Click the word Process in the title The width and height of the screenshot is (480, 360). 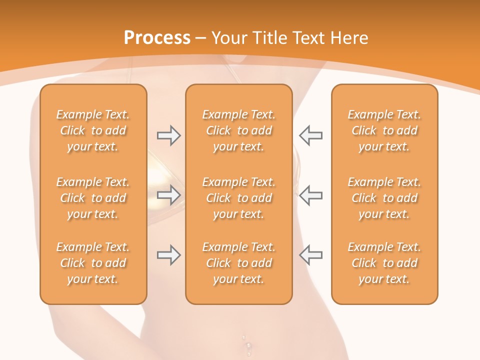tap(157, 38)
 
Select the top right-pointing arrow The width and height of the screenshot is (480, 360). tap(168, 135)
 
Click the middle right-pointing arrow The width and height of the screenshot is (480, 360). tap(168, 195)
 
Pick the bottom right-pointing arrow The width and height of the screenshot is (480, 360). tap(168, 255)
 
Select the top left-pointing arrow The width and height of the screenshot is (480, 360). tap(310, 135)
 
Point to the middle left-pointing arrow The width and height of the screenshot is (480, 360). tap(310, 195)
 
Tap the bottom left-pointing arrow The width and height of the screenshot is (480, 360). tap(310, 255)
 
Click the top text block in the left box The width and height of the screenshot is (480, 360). tap(93, 130)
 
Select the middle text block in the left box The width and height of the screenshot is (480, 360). tap(93, 198)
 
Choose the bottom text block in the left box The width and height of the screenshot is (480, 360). tap(93, 263)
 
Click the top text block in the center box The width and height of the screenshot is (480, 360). tap(239, 130)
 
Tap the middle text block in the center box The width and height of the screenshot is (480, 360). tap(239, 198)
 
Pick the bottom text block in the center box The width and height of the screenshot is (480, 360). tap(239, 263)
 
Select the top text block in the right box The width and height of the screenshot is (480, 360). tap(384, 130)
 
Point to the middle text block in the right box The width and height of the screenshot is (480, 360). tap(384, 198)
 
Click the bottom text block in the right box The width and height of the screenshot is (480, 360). tap(384, 263)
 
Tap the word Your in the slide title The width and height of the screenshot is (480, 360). tap(228, 38)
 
